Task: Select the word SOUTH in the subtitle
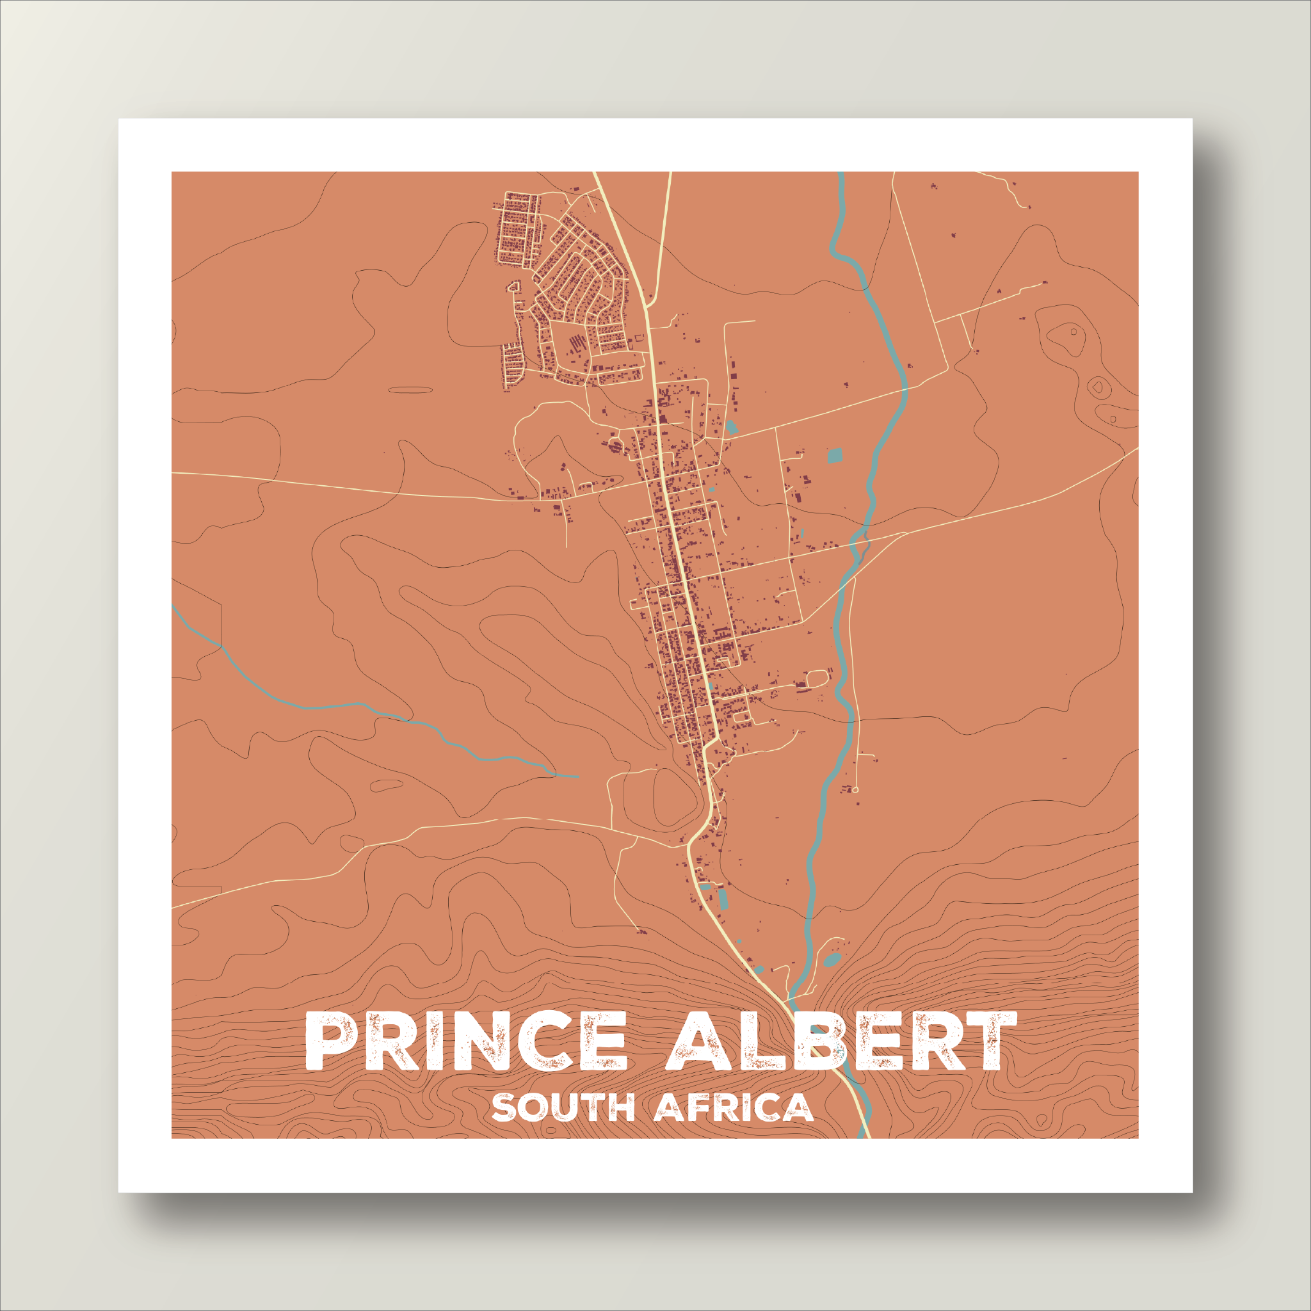click(x=563, y=1108)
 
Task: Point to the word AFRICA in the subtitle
click(x=734, y=1108)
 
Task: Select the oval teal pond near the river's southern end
click(x=832, y=960)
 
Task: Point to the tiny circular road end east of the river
click(x=856, y=790)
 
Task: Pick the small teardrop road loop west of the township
click(x=513, y=286)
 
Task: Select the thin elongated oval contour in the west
click(x=410, y=390)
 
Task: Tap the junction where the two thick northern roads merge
click(x=647, y=307)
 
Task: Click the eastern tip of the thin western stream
click(x=577, y=776)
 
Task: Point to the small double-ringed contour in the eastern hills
click(x=1097, y=387)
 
